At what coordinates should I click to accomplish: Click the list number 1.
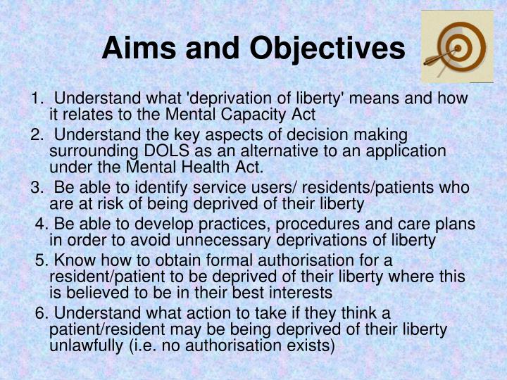[x=36, y=98]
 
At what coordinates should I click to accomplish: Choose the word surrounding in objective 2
[x=88, y=151]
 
